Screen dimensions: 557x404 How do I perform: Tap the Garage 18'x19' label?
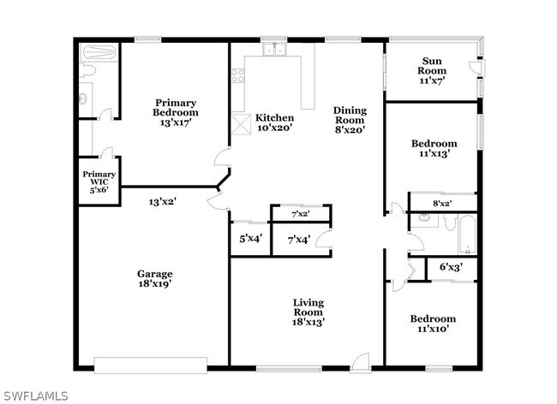[x=155, y=279]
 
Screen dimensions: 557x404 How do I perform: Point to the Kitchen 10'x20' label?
[x=274, y=122]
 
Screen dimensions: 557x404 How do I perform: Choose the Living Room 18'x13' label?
[x=308, y=312]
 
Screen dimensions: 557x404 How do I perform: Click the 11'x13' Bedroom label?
[x=434, y=149]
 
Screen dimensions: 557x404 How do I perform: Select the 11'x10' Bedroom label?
[x=433, y=324]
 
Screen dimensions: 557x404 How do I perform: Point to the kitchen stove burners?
[x=237, y=75]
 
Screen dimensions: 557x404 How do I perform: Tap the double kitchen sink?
[x=274, y=50]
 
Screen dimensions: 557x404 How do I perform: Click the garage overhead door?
[x=151, y=365]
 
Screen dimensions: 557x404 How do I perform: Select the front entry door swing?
[x=360, y=363]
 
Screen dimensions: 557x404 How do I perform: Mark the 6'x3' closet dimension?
[x=451, y=267]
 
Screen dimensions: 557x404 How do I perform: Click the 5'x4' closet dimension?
[x=251, y=239]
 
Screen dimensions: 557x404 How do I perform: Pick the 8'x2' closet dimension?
[x=442, y=204]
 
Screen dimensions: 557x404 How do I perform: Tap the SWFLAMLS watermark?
[x=34, y=395]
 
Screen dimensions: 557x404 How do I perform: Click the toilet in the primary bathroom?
[x=87, y=70]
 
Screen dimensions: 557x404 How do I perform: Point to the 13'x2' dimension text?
[x=163, y=202]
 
